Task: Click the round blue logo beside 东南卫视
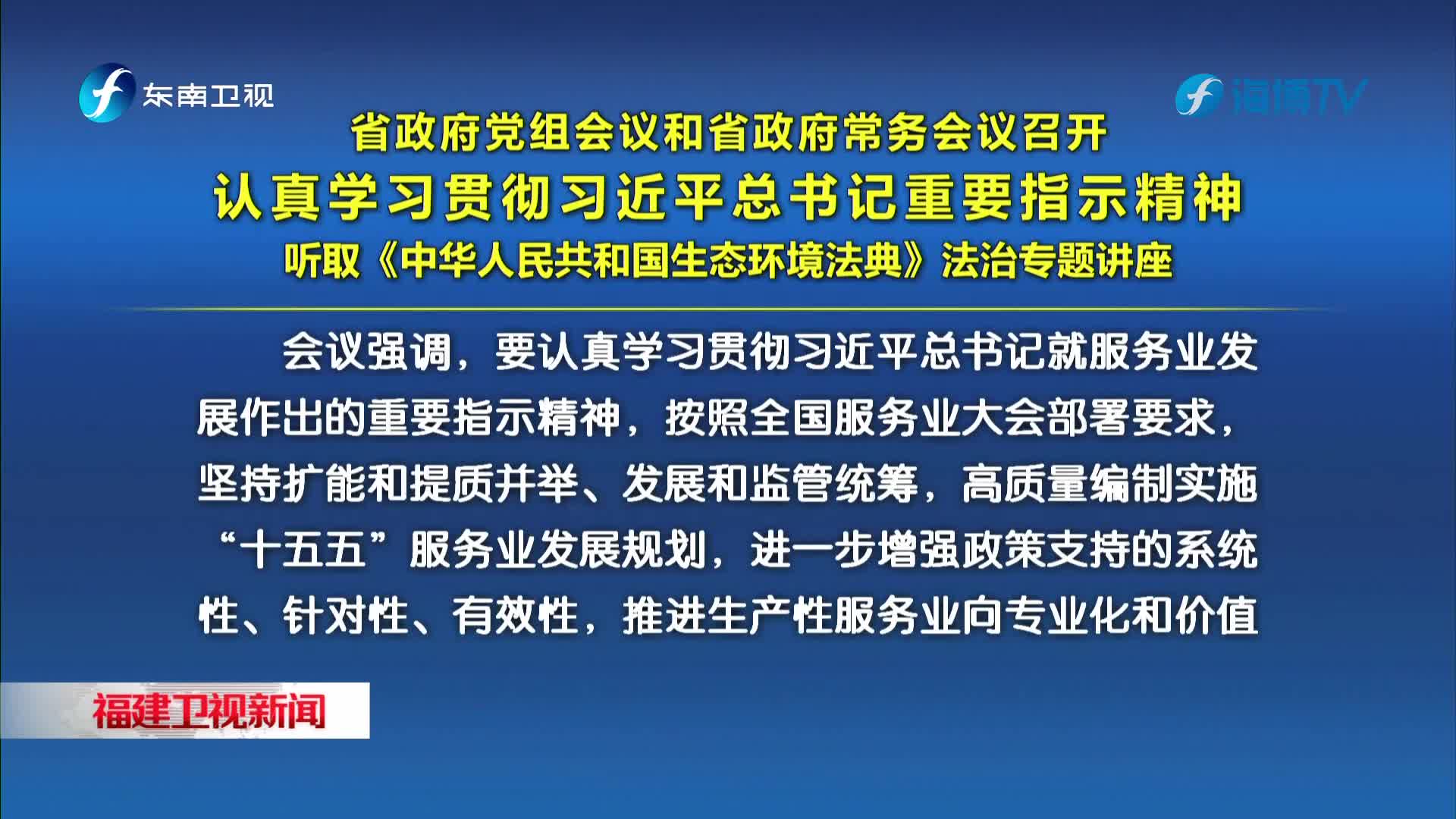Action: (x=107, y=93)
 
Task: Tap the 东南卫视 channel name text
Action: (x=209, y=96)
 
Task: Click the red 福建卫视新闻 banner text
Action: (x=209, y=711)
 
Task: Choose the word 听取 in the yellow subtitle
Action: (x=322, y=260)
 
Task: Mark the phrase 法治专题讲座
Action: (x=1057, y=260)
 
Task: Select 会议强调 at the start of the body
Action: (x=367, y=353)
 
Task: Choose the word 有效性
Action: (x=516, y=615)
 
